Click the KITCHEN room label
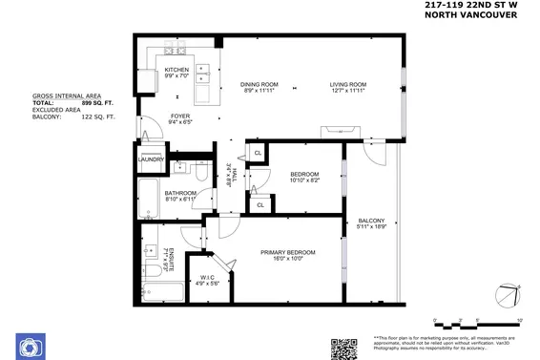(177, 71)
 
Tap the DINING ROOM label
(259, 85)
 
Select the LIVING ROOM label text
(349, 85)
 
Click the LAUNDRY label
(152, 159)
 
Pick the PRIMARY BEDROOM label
(287, 252)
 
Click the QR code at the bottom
(343, 348)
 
